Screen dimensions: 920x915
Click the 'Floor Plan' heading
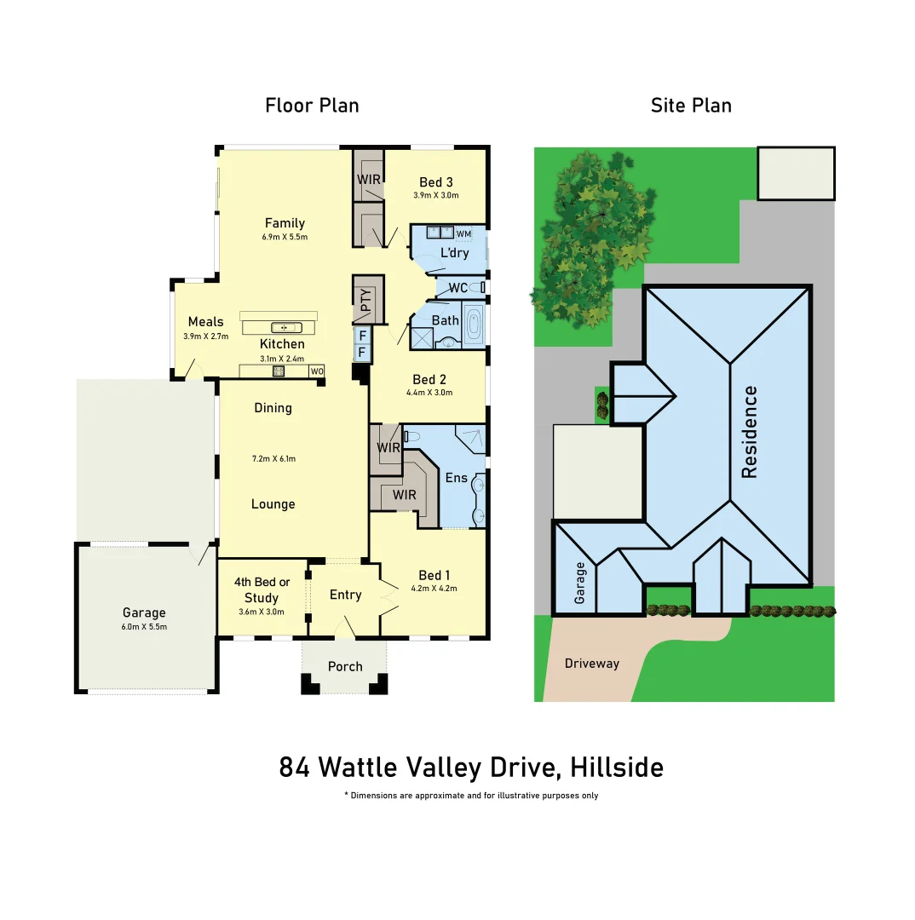click(x=312, y=106)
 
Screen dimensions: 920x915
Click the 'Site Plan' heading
click(x=691, y=106)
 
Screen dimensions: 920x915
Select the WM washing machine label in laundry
click(x=463, y=233)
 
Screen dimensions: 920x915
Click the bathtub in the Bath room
click(x=474, y=324)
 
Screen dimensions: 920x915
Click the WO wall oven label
click(x=316, y=371)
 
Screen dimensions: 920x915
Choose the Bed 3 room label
click(x=436, y=182)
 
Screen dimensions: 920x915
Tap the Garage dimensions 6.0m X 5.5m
click(x=144, y=626)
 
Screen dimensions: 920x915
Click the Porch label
click(x=345, y=666)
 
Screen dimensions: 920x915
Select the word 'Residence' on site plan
click(x=750, y=433)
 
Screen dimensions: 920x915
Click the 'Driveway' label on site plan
click(x=591, y=663)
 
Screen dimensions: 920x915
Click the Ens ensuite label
click(x=457, y=478)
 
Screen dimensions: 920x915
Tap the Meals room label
click(x=206, y=322)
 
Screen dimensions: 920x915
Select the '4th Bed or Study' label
click(x=262, y=590)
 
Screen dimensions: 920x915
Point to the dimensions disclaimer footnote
click(x=471, y=796)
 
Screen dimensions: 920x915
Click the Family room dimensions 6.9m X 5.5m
click(x=285, y=237)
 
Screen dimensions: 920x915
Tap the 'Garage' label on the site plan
click(x=580, y=583)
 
